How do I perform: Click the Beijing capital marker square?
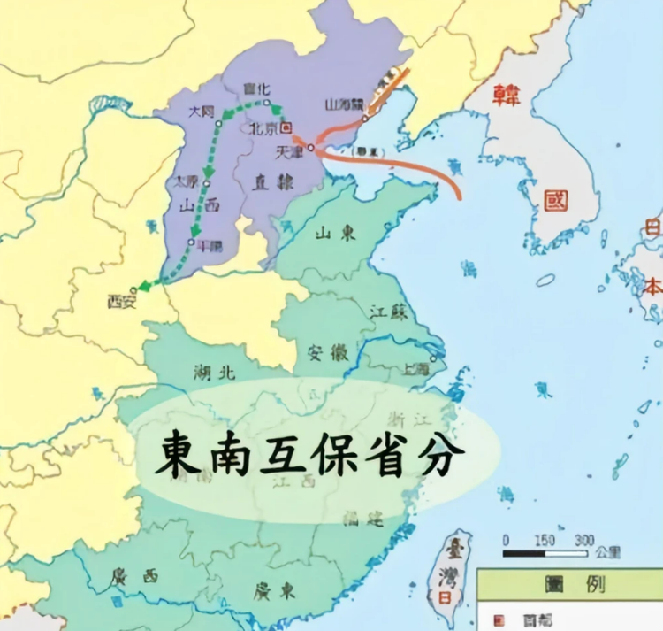point(286,127)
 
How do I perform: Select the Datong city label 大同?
point(202,112)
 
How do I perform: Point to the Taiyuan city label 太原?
point(187,182)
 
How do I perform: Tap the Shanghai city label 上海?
point(415,369)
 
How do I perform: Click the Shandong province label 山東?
point(335,234)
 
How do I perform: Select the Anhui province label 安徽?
point(326,352)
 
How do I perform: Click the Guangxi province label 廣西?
point(134,576)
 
